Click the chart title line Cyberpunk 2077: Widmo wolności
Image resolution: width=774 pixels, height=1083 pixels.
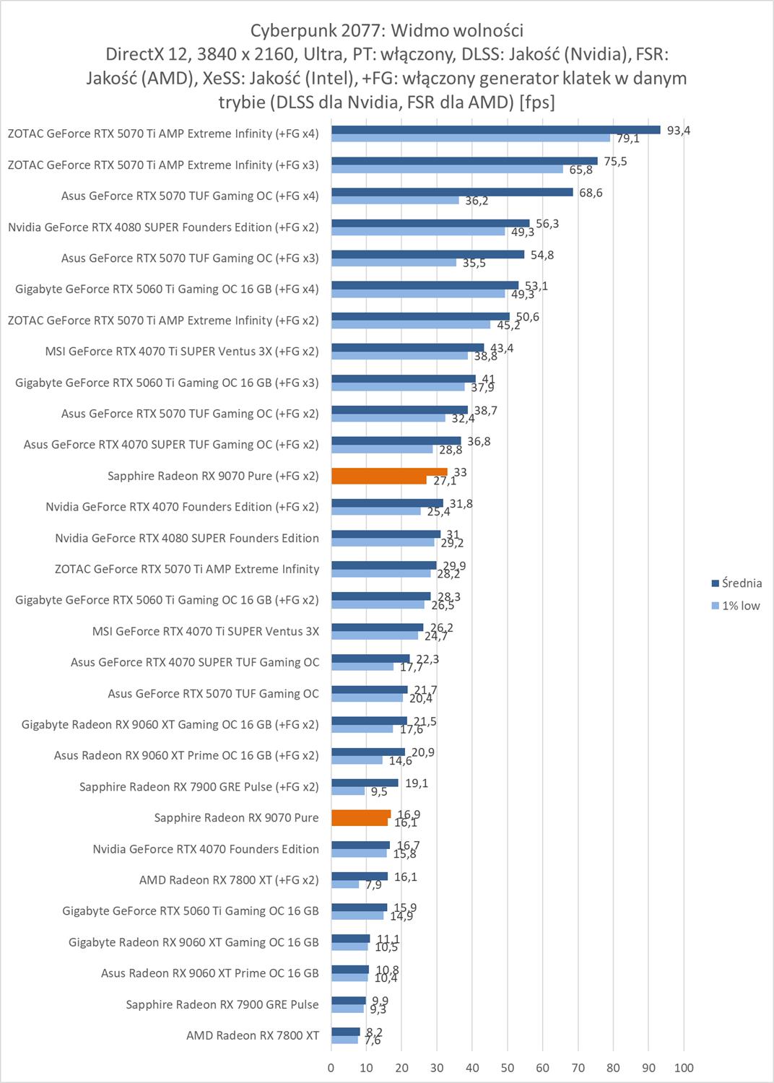(x=386, y=30)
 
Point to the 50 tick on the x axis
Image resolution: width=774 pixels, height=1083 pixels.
(x=508, y=1068)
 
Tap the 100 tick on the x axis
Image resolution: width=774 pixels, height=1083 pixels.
(x=683, y=1068)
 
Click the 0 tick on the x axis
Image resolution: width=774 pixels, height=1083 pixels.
(x=331, y=1068)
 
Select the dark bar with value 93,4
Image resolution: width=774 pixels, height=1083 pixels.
(x=495, y=130)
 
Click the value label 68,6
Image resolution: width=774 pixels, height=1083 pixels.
(x=591, y=193)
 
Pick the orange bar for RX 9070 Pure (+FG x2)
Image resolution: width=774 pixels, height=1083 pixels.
(x=389, y=471)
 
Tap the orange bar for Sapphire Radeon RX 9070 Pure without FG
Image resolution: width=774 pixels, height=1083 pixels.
(x=361, y=814)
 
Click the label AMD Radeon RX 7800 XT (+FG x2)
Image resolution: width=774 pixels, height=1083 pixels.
(x=229, y=880)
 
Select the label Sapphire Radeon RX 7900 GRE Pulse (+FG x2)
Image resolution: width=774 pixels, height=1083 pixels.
(x=199, y=787)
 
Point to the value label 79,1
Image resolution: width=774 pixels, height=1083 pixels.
(x=627, y=139)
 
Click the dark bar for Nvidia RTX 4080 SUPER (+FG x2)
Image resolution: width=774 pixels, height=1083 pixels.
(x=430, y=223)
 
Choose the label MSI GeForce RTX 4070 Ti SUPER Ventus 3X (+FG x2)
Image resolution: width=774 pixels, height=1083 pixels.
(x=181, y=352)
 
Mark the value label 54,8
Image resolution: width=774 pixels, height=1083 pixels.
(x=542, y=255)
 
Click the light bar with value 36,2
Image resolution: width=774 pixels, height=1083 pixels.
(x=395, y=200)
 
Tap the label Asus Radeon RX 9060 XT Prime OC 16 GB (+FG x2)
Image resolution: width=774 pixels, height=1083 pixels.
(x=186, y=756)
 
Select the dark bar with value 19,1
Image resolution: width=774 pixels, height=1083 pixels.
(x=365, y=783)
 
